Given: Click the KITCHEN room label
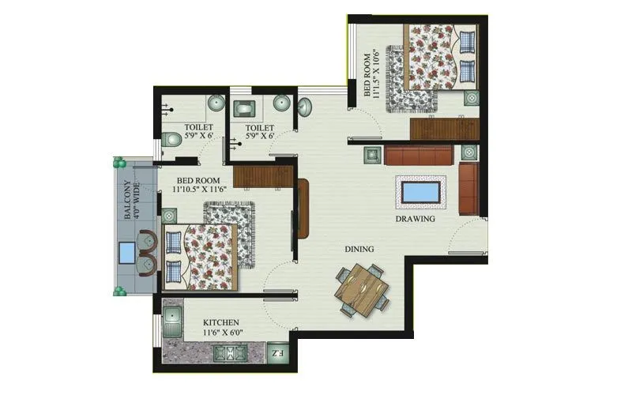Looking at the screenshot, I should [x=220, y=323].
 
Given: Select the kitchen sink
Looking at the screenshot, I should [x=172, y=323].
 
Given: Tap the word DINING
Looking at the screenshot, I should [x=359, y=249].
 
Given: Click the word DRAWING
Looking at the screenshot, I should [x=416, y=219].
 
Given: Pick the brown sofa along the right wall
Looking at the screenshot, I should [x=468, y=182].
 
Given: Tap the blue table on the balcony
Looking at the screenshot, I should [x=126, y=254].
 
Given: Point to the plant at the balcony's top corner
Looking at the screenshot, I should [x=118, y=163].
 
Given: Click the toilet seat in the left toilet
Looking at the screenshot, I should [x=171, y=140].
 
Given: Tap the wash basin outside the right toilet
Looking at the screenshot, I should [x=306, y=105].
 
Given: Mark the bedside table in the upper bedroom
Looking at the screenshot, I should [x=471, y=99].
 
